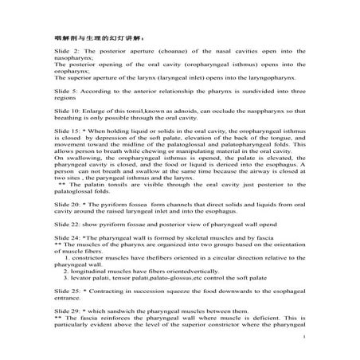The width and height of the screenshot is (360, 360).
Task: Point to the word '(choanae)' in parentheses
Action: point(158,60)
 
